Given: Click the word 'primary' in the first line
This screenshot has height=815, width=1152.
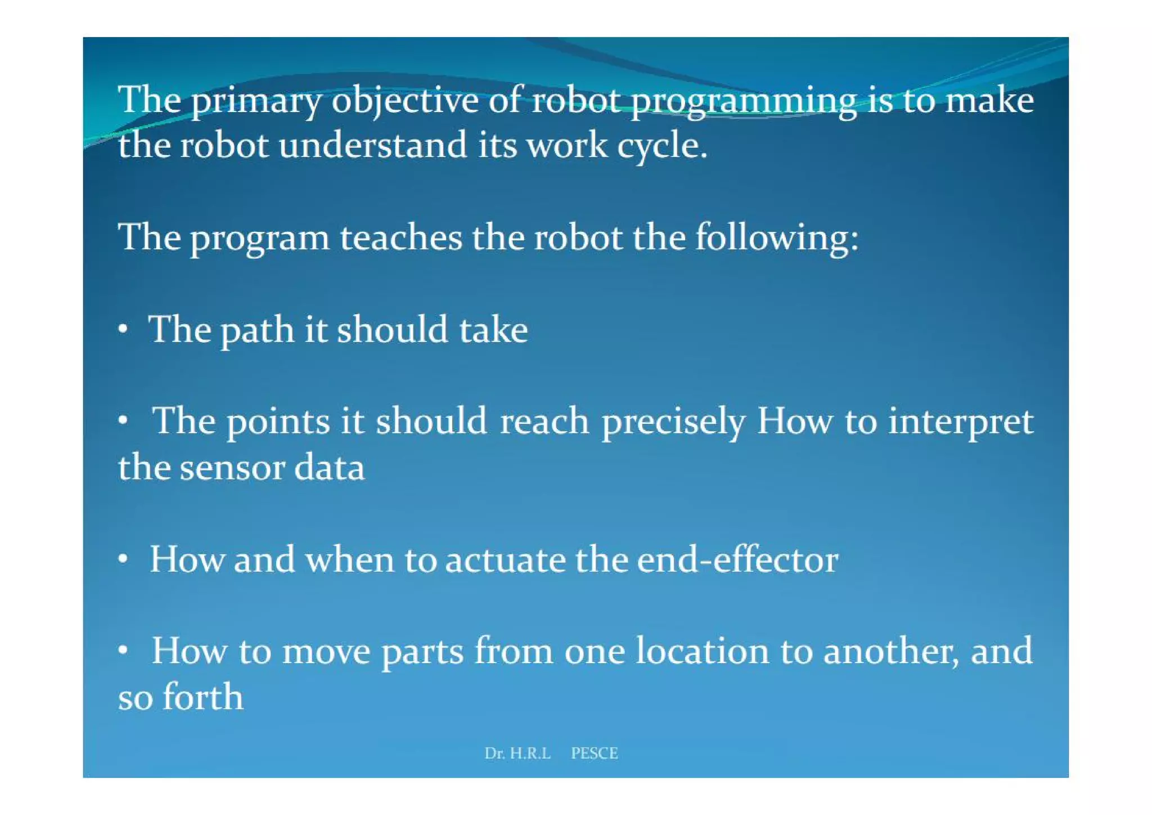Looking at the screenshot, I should pyautogui.click(x=256, y=102).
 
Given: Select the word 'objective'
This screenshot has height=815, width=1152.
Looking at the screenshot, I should pyautogui.click(x=404, y=102).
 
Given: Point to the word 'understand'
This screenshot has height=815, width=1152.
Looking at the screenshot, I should pyautogui.click(x=372, y=146).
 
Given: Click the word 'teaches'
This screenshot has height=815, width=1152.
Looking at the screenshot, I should pyautogui.click(x=400, y=238).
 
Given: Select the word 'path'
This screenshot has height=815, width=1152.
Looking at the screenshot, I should pyautogui.click(x=257, y=331).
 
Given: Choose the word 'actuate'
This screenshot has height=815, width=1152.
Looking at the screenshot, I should pyautogui.click(x=505, y=560).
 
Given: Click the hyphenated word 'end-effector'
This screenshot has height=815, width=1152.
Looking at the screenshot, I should pyautogui.click(x=737, y=560).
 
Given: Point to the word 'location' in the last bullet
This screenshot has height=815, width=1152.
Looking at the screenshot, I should pyautogui.click(x=702, y=652).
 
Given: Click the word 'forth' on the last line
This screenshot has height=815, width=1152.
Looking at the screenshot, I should pyautogui.click(x=202, y=697).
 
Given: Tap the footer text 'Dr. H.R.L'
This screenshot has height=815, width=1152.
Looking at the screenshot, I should pyautogui.click(x=517, y=753).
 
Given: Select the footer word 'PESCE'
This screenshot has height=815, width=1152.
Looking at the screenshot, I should pyautogui.click(x=594, y=753).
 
